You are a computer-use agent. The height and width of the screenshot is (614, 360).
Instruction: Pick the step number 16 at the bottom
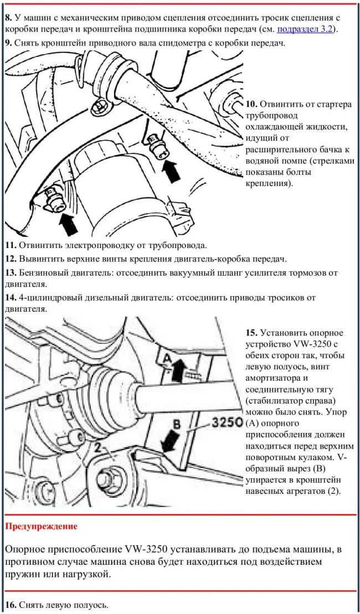[x=11, y=605]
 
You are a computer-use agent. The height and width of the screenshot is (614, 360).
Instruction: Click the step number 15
[x=251, y=333]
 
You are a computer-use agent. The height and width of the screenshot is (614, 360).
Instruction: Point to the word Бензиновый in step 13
[x=43, y=273]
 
